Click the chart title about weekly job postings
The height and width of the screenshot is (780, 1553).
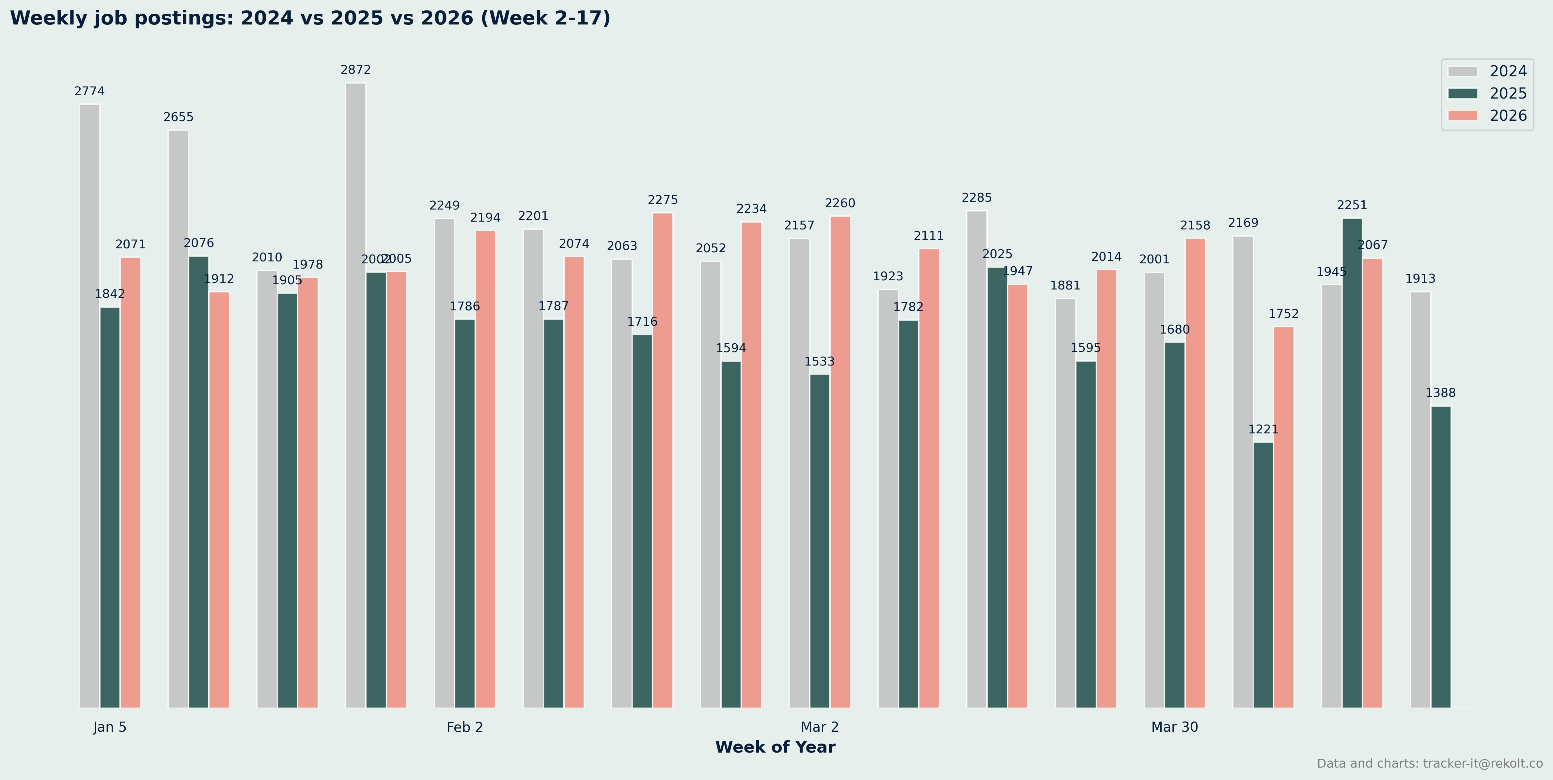[x=310, y=18]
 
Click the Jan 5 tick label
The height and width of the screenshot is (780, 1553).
[x=110, y=727]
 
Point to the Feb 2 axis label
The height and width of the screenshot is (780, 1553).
[x=465, y=727]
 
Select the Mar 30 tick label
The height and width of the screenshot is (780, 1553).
[x=1174, y=727]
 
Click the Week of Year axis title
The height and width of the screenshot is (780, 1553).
[x=775, y=747]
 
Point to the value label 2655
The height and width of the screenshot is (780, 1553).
[x=179, y=117]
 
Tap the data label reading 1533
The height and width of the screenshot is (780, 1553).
[x=819, y=362]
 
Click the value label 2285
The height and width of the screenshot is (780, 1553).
[x=977, y=198]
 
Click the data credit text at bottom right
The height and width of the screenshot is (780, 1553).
[x=1429, y=764]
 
